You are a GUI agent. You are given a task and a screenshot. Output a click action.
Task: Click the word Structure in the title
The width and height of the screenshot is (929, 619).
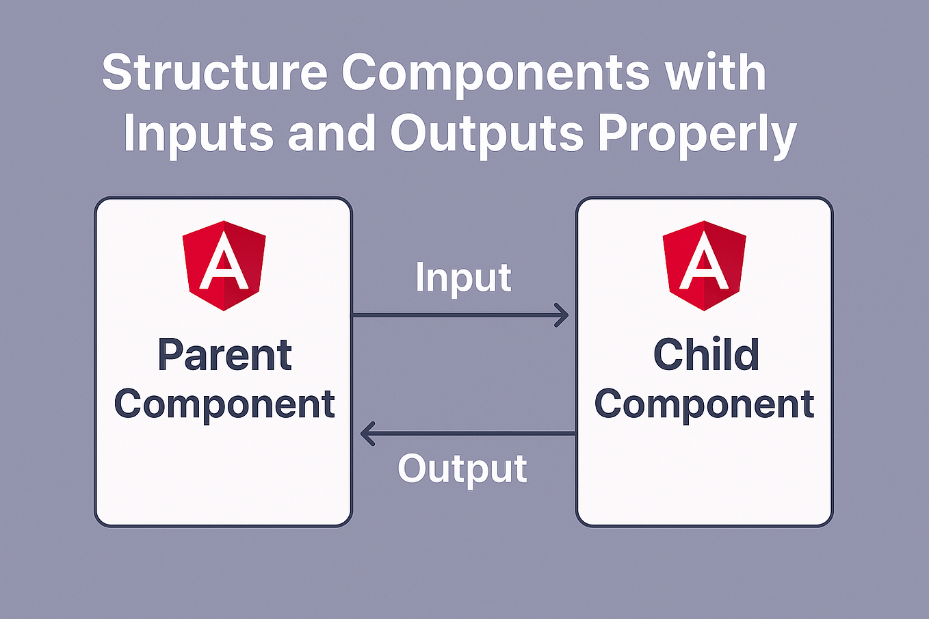[215, 72]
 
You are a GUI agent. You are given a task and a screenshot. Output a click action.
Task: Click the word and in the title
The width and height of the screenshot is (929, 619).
[331, 133]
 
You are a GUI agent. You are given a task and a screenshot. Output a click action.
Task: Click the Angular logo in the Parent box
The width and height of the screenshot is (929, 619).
[224, 266]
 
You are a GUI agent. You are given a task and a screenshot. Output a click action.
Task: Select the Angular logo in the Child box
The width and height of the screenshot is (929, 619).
[704, 266]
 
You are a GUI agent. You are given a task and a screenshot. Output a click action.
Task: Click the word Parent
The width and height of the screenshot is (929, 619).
[224, 354]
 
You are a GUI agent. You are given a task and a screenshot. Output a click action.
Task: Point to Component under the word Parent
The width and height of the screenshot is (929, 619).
[224, 405]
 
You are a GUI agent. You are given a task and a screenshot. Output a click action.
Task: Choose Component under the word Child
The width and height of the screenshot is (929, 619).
[704, 405]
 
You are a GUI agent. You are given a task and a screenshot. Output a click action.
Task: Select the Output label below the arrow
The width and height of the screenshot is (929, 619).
[462, 470]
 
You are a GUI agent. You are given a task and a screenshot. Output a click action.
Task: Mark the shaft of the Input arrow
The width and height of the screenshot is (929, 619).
[460, 315]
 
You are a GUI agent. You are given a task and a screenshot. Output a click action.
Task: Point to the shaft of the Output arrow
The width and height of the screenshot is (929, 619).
[469, 434]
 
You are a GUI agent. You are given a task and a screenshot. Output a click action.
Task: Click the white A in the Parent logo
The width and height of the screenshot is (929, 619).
[224, 261]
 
